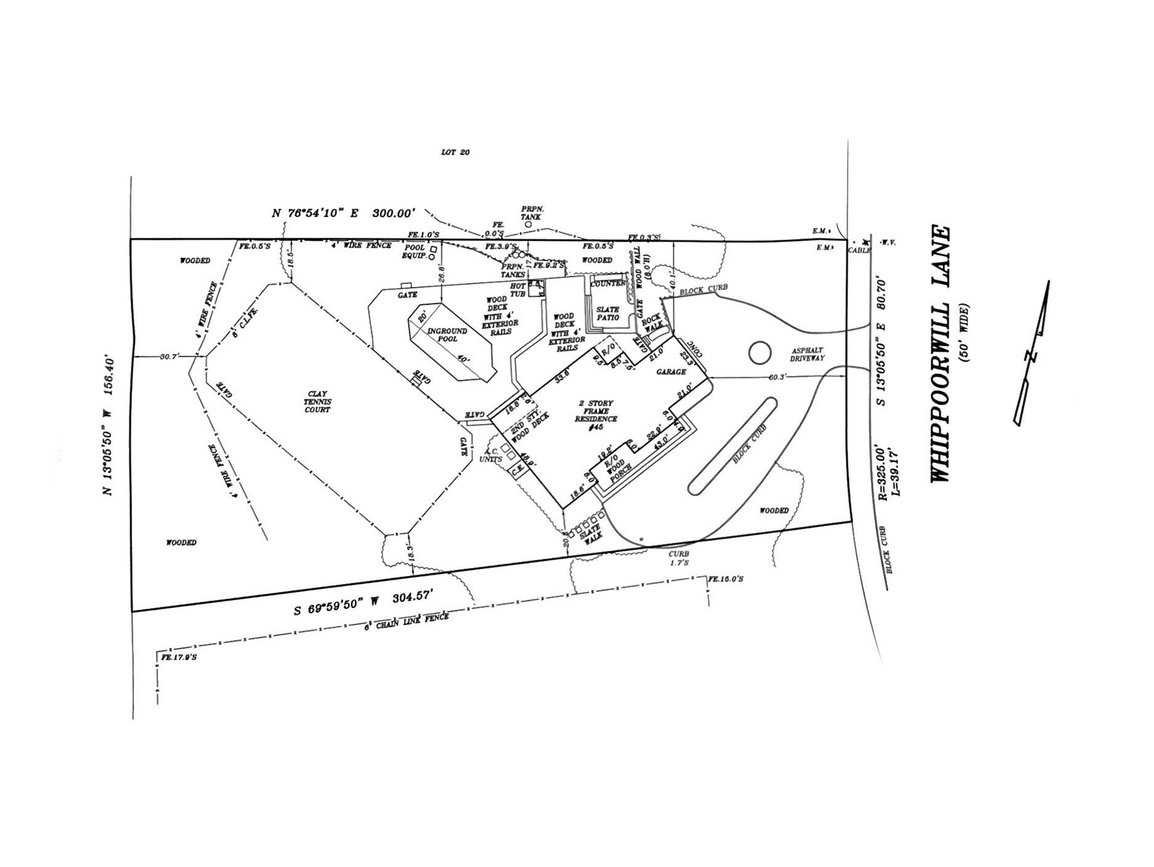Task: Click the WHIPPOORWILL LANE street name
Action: coord(940,354)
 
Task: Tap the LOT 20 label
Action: coord(456,152)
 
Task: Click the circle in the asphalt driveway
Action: coord(760,353)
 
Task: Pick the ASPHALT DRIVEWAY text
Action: coord(807,354)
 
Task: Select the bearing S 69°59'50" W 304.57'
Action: coord(363,604)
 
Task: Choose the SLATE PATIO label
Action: coord(607,313)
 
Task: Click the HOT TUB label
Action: coord(518,290)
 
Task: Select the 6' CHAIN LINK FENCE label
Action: coord(406,621)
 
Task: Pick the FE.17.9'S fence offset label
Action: coord(179,657)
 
